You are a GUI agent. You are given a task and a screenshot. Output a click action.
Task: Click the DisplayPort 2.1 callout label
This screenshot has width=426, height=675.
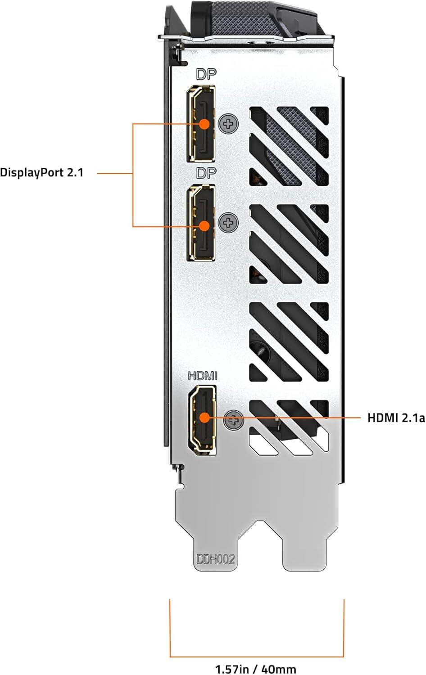pos(41,172)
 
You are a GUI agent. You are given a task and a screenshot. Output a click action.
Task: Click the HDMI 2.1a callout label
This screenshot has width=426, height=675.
pos(396,418)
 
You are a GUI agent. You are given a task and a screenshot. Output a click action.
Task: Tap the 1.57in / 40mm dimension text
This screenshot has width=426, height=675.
pos(256,669)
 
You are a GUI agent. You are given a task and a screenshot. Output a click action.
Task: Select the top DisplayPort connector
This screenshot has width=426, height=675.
pos(201,124)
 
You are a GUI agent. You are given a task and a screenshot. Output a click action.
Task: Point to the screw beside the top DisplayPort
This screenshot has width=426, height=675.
pos(228,123)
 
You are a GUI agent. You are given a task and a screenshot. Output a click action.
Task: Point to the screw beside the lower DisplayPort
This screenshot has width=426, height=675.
pos(228,222)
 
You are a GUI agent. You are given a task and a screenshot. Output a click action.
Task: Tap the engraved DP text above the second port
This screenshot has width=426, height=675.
pos(206,173)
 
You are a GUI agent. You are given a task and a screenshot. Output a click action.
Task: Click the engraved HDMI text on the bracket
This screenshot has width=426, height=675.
pos(203,375)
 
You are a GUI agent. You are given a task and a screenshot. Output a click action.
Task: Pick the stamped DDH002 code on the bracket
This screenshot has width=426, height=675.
pos(216,559)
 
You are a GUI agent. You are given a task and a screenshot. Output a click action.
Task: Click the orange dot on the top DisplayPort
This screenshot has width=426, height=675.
pos(204,124)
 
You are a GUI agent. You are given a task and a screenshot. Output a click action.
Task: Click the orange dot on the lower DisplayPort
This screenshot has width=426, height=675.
pos(204,226)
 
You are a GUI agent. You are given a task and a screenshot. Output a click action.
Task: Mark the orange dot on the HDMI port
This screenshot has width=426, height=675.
pos(204,418)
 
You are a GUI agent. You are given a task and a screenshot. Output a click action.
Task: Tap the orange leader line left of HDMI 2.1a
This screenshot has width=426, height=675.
pos(306,418)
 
